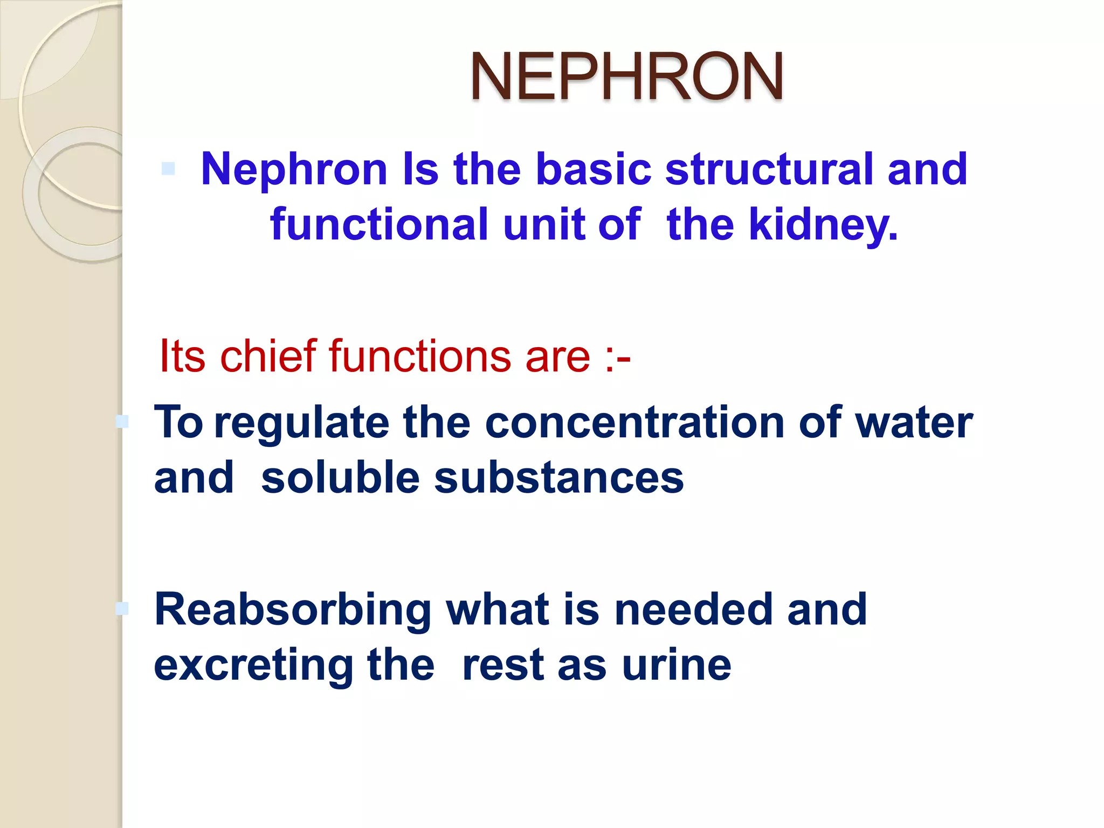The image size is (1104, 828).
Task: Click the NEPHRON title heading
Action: tap(626, 77)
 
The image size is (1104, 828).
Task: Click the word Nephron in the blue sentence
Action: tap(294, 169)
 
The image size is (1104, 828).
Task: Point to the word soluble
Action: tap(340, 478)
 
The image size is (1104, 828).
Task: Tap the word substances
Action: tap(558, 478)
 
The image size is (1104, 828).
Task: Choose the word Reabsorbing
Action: tap(293, 610)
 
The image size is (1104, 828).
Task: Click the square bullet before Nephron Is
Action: tap(168, 169)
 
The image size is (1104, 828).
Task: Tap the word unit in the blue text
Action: tap(544, 224)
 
